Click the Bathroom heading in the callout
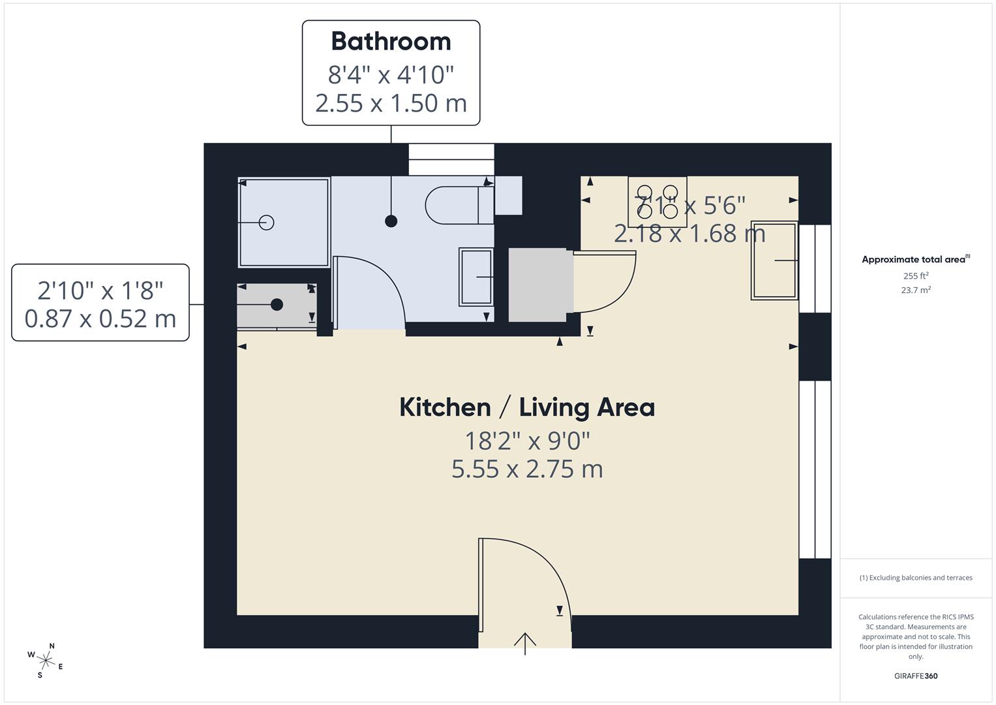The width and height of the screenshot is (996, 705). click(x=391, y=41)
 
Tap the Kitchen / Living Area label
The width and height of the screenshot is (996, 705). click(x=527, y=407)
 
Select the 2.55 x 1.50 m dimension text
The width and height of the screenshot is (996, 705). click(x=391, y=103)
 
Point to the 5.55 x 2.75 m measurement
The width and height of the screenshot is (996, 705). click(x=527, y=469)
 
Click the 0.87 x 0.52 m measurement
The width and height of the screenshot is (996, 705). click(x=100, y=319)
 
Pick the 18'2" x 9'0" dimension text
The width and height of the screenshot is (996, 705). click(x=527, y=441)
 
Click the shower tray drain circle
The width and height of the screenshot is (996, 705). click(x=266, y=223)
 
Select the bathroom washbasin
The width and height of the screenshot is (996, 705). click(x=476, y=277)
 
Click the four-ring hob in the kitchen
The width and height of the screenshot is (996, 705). click(x=657, y=202)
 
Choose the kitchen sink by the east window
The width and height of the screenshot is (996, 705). click(x=774, y=260)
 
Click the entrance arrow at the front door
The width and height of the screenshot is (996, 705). click(x=525, y=642)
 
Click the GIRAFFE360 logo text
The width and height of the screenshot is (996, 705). click(x=915, y=676)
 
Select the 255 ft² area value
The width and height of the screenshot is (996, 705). click(x=915, y=275)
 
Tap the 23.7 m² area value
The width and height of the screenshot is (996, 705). click(x=915, y=290)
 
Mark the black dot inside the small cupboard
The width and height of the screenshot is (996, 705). click(x=277, y=304)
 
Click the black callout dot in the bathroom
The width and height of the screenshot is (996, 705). click(x=391, y=221)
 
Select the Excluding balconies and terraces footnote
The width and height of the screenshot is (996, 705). click(x=915, y=578)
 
